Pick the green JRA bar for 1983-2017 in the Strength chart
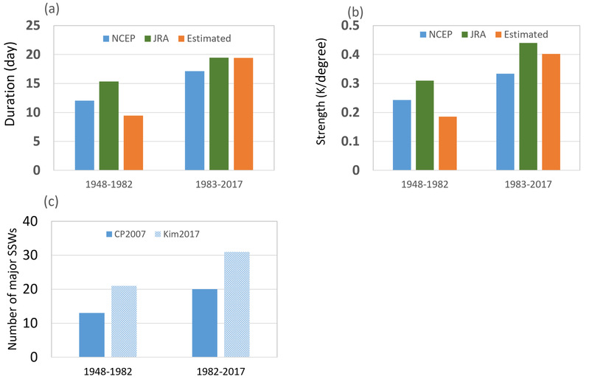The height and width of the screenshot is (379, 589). [x=507, y=106]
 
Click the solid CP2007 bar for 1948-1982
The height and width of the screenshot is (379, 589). [x=92, y=335]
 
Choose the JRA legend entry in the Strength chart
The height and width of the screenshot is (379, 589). [x=478, y=34]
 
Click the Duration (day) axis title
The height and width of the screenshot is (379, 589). [x=10, y=96]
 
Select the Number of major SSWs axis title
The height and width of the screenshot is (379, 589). [x=10, y=290]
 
